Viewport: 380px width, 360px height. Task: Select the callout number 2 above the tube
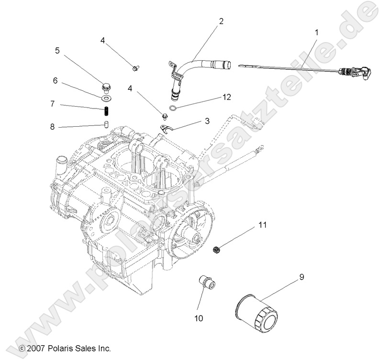click(x=221, y=21)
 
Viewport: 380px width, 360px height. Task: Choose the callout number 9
click(x=302, y=276)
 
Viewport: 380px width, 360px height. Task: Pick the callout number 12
click(x=226, y=97)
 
